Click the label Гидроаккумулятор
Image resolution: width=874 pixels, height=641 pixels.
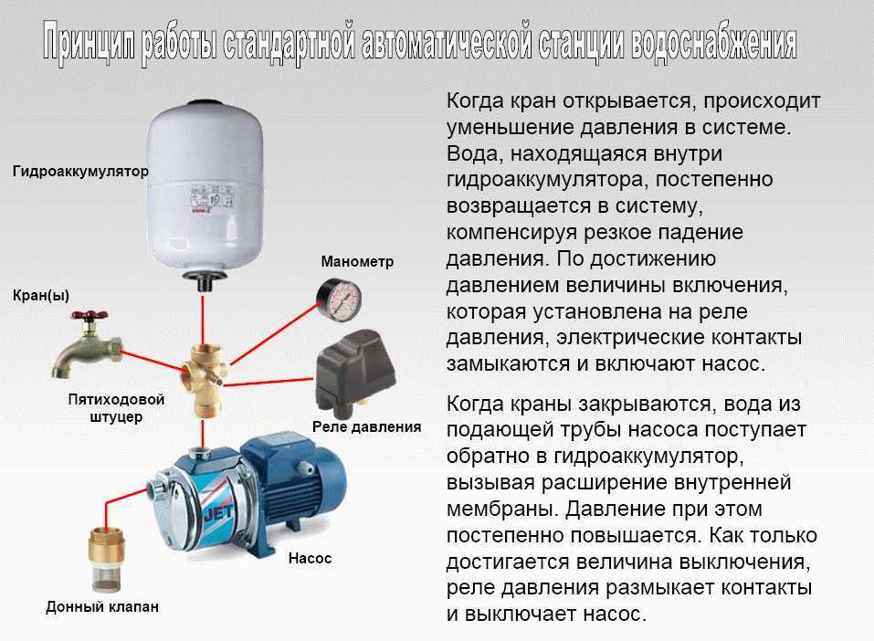80,171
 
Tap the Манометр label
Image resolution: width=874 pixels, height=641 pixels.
357,261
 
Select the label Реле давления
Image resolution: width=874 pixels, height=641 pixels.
367,427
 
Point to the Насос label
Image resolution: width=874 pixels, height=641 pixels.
310,558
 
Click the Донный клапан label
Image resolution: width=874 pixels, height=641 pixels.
102,606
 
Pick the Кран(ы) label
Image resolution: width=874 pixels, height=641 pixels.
41,295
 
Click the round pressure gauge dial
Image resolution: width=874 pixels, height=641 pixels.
340,299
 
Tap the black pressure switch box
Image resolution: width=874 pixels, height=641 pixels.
355,371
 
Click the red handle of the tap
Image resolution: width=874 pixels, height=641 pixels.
90,316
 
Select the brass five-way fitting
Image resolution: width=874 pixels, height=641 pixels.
204,381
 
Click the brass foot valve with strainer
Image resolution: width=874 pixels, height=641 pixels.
107,560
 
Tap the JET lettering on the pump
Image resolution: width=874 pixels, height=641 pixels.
218,514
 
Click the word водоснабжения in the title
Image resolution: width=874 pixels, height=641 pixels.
714,43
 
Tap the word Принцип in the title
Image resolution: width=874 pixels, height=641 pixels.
90,41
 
